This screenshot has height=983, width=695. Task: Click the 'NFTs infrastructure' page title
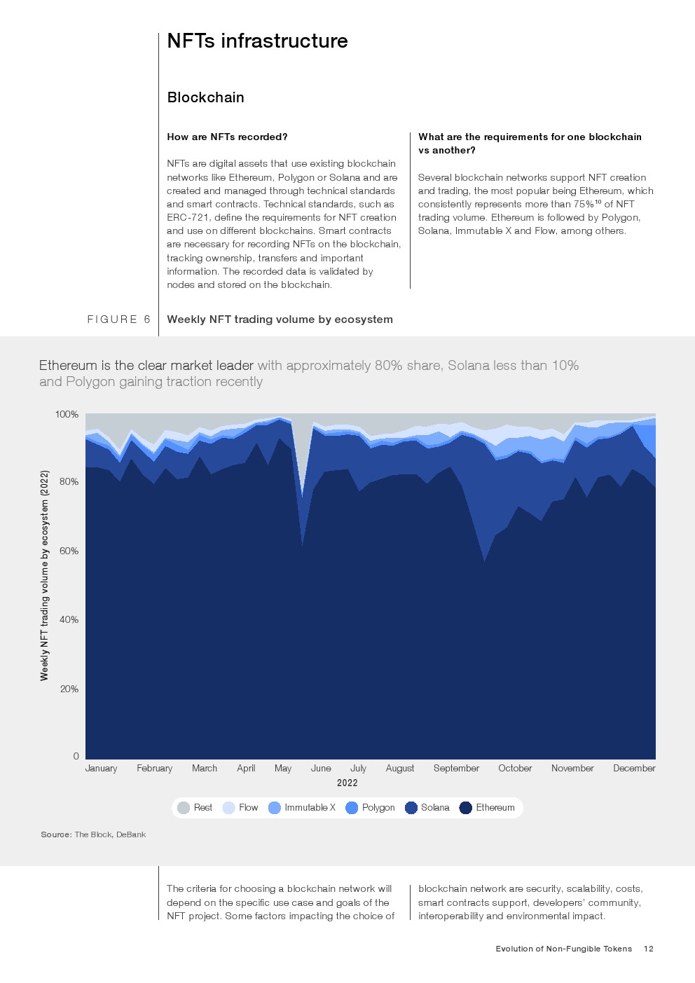[x=257, y=41]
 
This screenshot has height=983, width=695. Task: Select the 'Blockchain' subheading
[x=205, y=97]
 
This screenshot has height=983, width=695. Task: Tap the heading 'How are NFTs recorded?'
[x=227, y=137]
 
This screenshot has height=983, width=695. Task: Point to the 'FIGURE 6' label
[x=118, y=319]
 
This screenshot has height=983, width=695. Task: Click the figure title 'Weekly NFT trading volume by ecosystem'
[x=280, y=319]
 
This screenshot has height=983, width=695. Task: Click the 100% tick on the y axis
[x=67, y=414]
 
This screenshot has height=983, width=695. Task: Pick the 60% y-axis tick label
[x=69, y=551]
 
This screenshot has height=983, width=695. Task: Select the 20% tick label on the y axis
[x=69, y=689]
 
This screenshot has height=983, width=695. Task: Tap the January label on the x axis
[x=101, y=768]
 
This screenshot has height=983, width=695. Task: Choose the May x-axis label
[x=283, y=768]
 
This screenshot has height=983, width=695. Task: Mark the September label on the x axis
[x=456, y=768]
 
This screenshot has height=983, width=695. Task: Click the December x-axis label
[x=634, y=768]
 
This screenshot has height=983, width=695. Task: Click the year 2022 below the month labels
[x=347, y=783]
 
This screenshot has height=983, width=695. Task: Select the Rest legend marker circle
[x=184, y=808]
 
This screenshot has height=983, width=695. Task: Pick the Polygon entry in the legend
[x=371, y=808]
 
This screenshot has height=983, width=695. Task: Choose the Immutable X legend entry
[x=302, y=808]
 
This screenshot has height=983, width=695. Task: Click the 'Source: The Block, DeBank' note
[x=93, y=834]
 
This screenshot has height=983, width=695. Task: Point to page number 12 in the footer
[x=649, y=949]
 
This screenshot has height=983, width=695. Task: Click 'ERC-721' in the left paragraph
[x=188, y=217]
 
